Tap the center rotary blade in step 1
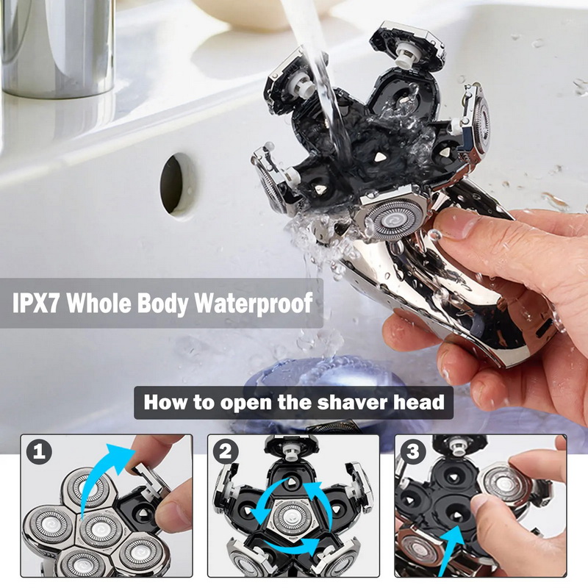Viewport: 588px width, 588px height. pos(97,526)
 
